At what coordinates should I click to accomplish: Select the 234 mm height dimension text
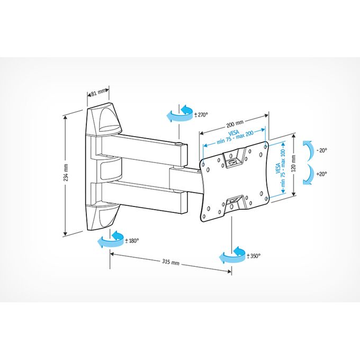(66, 172)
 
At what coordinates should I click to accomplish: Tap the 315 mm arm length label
(170, 262)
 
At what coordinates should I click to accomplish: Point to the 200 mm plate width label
(235, 123)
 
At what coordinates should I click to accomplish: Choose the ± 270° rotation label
(201, 114)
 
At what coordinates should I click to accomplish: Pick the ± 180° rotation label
(132, 241)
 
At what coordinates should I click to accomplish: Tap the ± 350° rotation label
(254, 256)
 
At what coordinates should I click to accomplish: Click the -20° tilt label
(321, 150)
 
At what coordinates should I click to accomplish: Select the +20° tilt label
(321, 174)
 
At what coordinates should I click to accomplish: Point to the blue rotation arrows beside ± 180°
(111, 240)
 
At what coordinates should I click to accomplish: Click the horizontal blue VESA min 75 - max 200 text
(233, 137)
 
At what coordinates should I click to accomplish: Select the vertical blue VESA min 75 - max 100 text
(281, 168)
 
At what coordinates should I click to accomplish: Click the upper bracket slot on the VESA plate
(233, 158)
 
